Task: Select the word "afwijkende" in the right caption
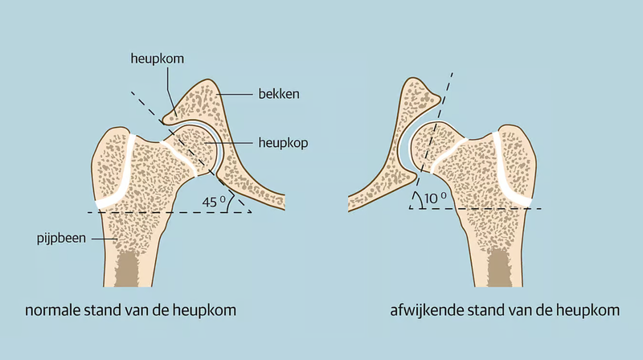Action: [x=415, y=311]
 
